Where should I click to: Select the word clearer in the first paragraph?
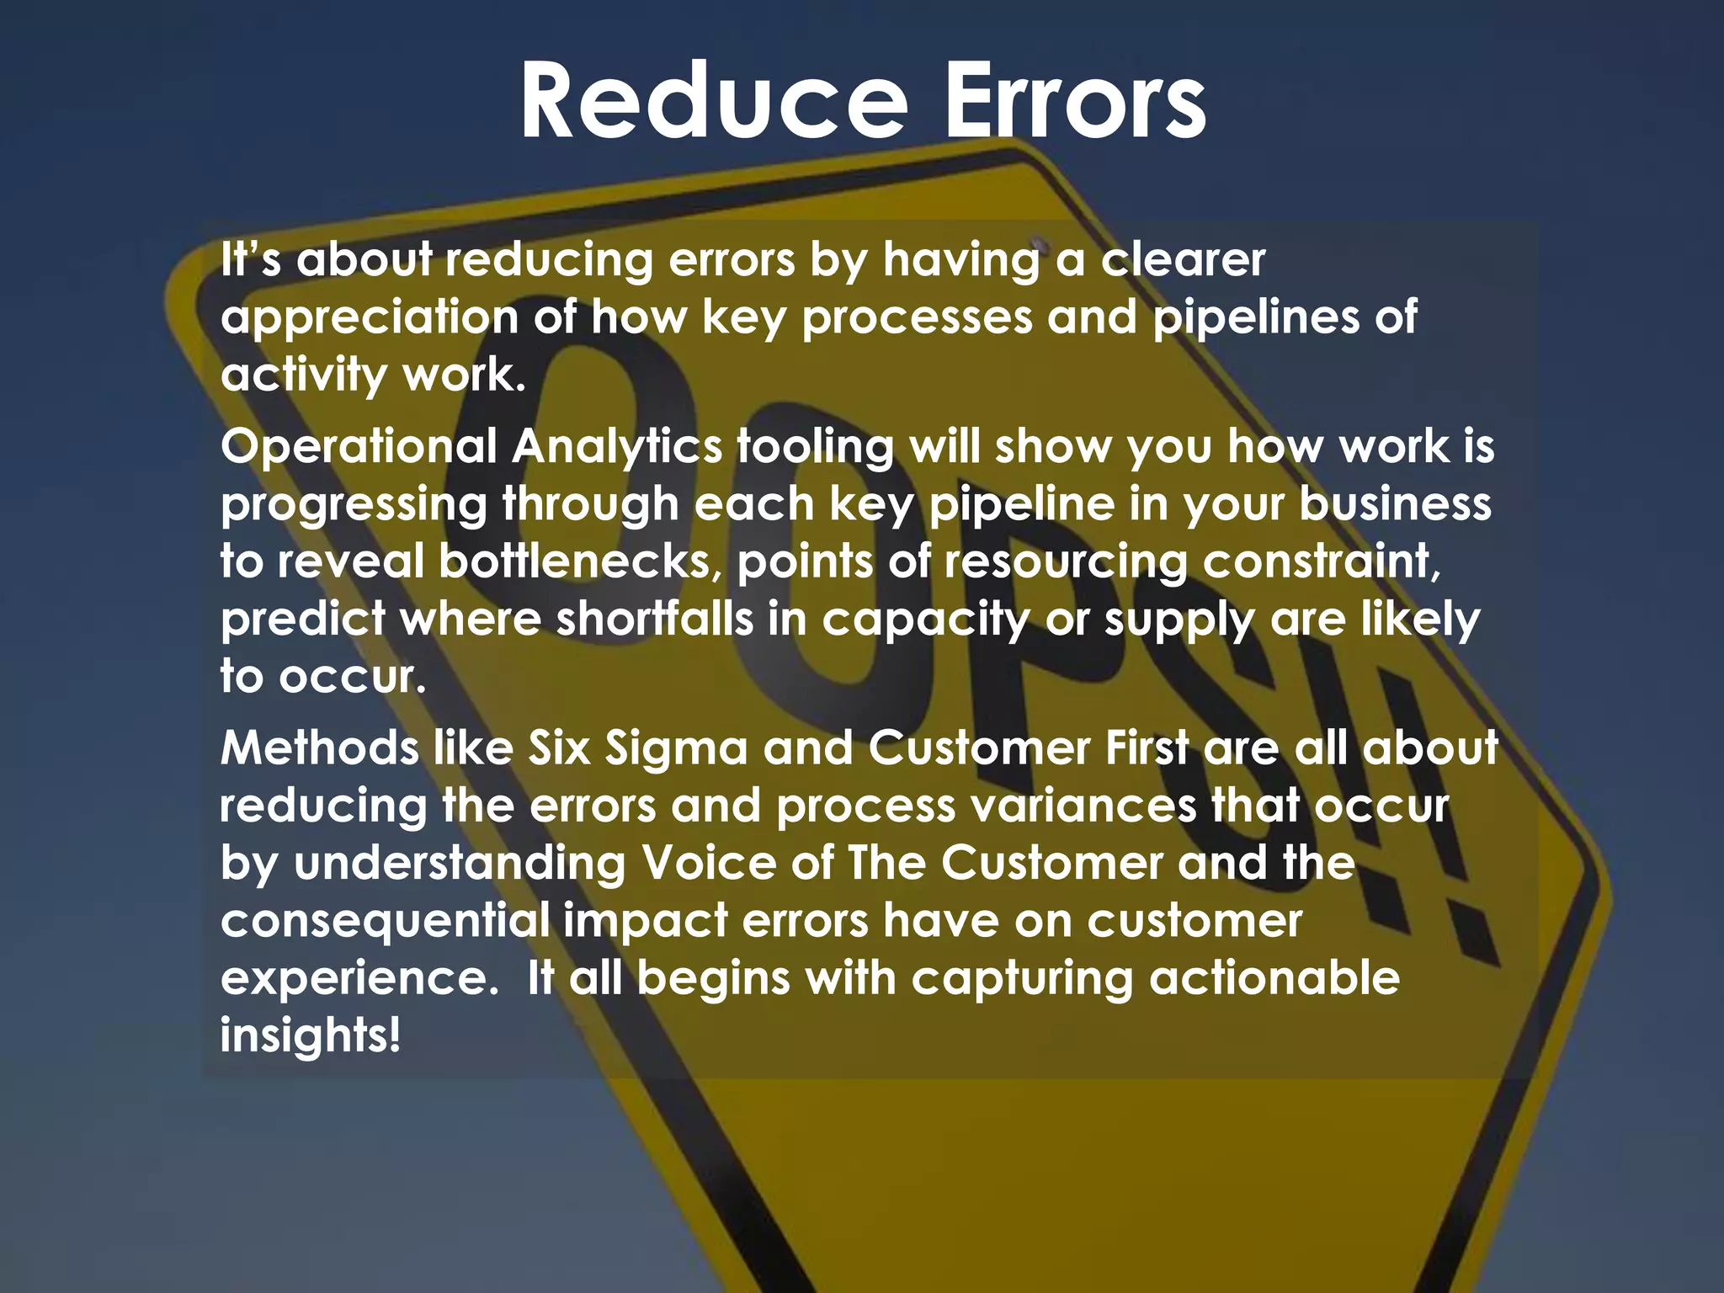[x=1183, y=260]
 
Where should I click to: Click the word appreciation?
[x=369, y=318]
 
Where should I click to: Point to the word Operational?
[x=359, y=446]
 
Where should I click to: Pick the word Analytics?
[x=616, y=446]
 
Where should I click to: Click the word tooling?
[x=815, y=446]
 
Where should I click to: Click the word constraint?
[x=1322, y=561]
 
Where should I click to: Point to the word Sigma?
[x=676, y=748]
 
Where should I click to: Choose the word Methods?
[x=319, y=748]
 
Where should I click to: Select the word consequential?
[x=384, y=920]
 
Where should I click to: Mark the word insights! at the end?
[x=310, y=1035]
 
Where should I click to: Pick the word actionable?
[x=1274, y=978]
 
